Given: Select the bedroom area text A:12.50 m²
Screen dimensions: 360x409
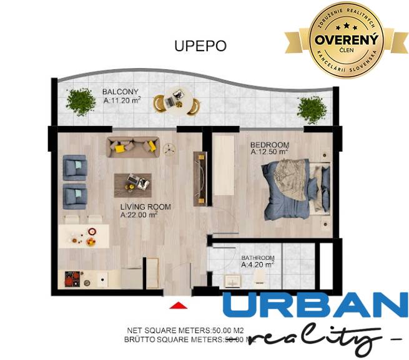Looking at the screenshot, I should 269,151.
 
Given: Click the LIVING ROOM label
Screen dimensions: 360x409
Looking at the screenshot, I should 145,207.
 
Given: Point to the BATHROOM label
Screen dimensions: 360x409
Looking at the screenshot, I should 258,257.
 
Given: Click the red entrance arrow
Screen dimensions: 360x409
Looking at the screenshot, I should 179,304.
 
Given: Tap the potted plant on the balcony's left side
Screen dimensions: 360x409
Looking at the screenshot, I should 79,102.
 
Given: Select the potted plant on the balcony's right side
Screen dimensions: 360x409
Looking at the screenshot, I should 310,110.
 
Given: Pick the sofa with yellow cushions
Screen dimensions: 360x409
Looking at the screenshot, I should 133,146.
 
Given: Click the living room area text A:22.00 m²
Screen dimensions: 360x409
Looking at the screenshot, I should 139,215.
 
